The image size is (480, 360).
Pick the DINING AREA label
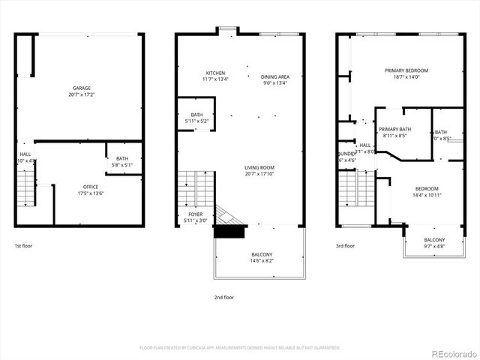click(275, 76)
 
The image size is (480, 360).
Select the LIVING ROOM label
click(259, 167)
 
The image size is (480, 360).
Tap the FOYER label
click(195, 214)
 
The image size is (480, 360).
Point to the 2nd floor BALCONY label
click(262, 254)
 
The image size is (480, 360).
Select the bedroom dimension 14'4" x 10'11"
click(427, 195)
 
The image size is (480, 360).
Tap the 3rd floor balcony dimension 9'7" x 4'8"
click(434, 246)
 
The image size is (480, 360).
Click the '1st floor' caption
click(23, 245)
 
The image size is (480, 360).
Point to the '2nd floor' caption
click(223, 297)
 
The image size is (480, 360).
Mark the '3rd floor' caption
click(345, 245)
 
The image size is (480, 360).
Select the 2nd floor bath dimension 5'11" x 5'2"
click(196, 121)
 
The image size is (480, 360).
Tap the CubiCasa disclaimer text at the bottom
click(240, 347)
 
